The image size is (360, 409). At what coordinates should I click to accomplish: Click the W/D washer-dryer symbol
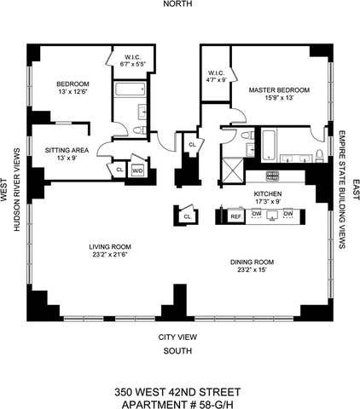coord(138,171)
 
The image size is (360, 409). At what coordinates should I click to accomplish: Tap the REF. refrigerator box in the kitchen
coord(236,216)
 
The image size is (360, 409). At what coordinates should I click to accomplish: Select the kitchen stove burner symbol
coord(273,176)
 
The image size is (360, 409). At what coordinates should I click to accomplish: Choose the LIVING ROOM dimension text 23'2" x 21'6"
coord(110,255)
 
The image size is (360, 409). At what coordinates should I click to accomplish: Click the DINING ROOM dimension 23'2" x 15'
coord(252,269)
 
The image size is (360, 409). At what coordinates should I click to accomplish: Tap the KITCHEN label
coord(268,194)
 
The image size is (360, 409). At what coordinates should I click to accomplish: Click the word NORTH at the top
coord(177,3)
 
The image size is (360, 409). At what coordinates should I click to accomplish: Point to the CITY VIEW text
coord(177,337)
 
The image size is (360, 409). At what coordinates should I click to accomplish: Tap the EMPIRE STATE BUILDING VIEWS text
coord(342,190)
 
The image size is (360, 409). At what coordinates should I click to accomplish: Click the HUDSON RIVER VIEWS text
coord(17,189)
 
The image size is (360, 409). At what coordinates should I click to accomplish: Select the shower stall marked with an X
coord(233,170)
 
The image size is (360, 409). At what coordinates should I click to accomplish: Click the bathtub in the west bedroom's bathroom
coord(131,89)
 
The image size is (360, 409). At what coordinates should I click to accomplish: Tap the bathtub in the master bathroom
coord(269,145)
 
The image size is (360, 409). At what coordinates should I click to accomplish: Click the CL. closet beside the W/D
coord(119,170)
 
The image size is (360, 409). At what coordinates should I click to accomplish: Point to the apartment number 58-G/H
coord(177,404)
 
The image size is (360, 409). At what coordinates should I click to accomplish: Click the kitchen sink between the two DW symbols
coord(272,216)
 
